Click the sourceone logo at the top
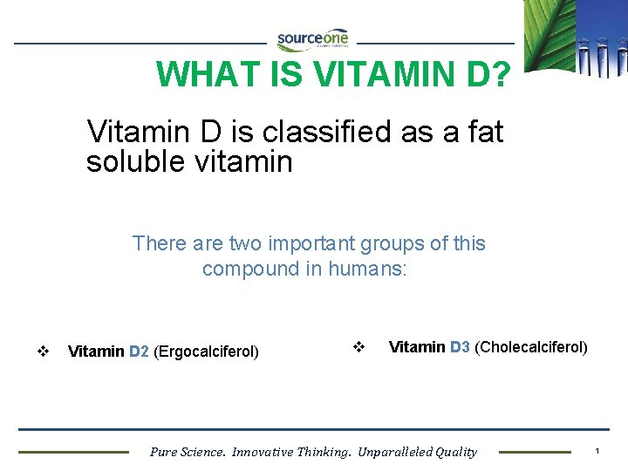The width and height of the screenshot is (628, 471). click(x=312, y=39)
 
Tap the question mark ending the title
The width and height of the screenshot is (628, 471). click(x=501, y=75)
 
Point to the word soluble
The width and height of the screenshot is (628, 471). click(x=135, y=161)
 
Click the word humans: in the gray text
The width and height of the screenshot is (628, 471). click(x=367, y=269)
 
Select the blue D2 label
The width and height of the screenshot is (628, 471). click(x=139, y=352)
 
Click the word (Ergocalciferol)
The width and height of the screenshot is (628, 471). click(x=206, y=352)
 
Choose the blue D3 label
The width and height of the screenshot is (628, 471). click(x=460, y=347)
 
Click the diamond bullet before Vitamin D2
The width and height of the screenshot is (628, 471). click(x=42, y=352)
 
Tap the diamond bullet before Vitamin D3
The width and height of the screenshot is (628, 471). click(x=357, y=346)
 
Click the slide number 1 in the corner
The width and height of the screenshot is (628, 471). click(x=597, y=451)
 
